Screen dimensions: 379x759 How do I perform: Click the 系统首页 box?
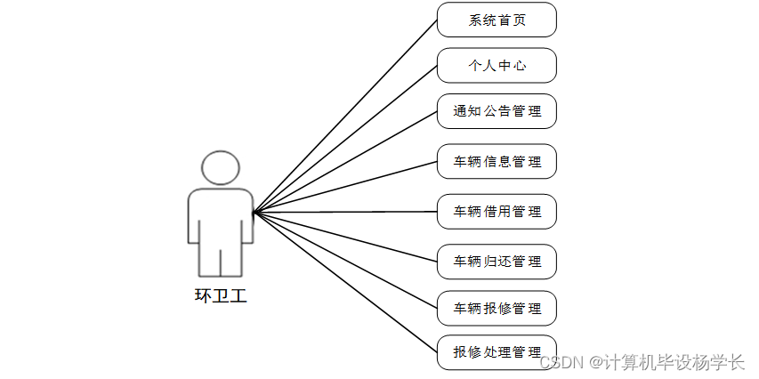pyautogui.click(x=497, y=20)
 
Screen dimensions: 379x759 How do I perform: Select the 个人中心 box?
pyautogui.click(x=497, y=66)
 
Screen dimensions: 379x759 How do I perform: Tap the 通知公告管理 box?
pyautogui.click(x=497, y=111)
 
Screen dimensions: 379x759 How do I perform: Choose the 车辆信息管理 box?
pyautogui.click(x=497, y=162)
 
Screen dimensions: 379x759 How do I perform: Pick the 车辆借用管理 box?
pyautogui.click(x=497, y=212)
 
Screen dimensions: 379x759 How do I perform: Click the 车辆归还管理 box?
pyautogui.click(x=497, y=262)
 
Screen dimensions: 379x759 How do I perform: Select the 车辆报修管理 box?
pyautogui.click(x=497, y=309)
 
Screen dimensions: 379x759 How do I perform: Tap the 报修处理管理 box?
pyautogui.click(x=497, y=352)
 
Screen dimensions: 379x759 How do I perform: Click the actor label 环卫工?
pyautogui.click(x=221, y=296)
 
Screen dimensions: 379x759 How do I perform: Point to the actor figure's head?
pyautogui.click(x=221, y=168)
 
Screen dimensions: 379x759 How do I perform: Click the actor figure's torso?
pyautogui.click(x=221, y=214)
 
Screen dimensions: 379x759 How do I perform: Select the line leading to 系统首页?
pyautogui.click(x=345, y=116)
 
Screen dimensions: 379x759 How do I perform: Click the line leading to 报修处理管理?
pyautogui.click(x=345, y=282)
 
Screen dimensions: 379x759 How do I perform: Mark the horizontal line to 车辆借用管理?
pyautogui.click(x=345, y=212)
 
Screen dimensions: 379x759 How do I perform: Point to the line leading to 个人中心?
pyautogui.click(x=345, y=139)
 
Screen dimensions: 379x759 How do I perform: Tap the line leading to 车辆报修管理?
pyautogui.click(x=345, y=261)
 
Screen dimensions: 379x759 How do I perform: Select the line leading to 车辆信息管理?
pyautogui.click(x=345, y=187)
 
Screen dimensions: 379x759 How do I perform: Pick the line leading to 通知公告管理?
pyautogui.click(x=345, y=162)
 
